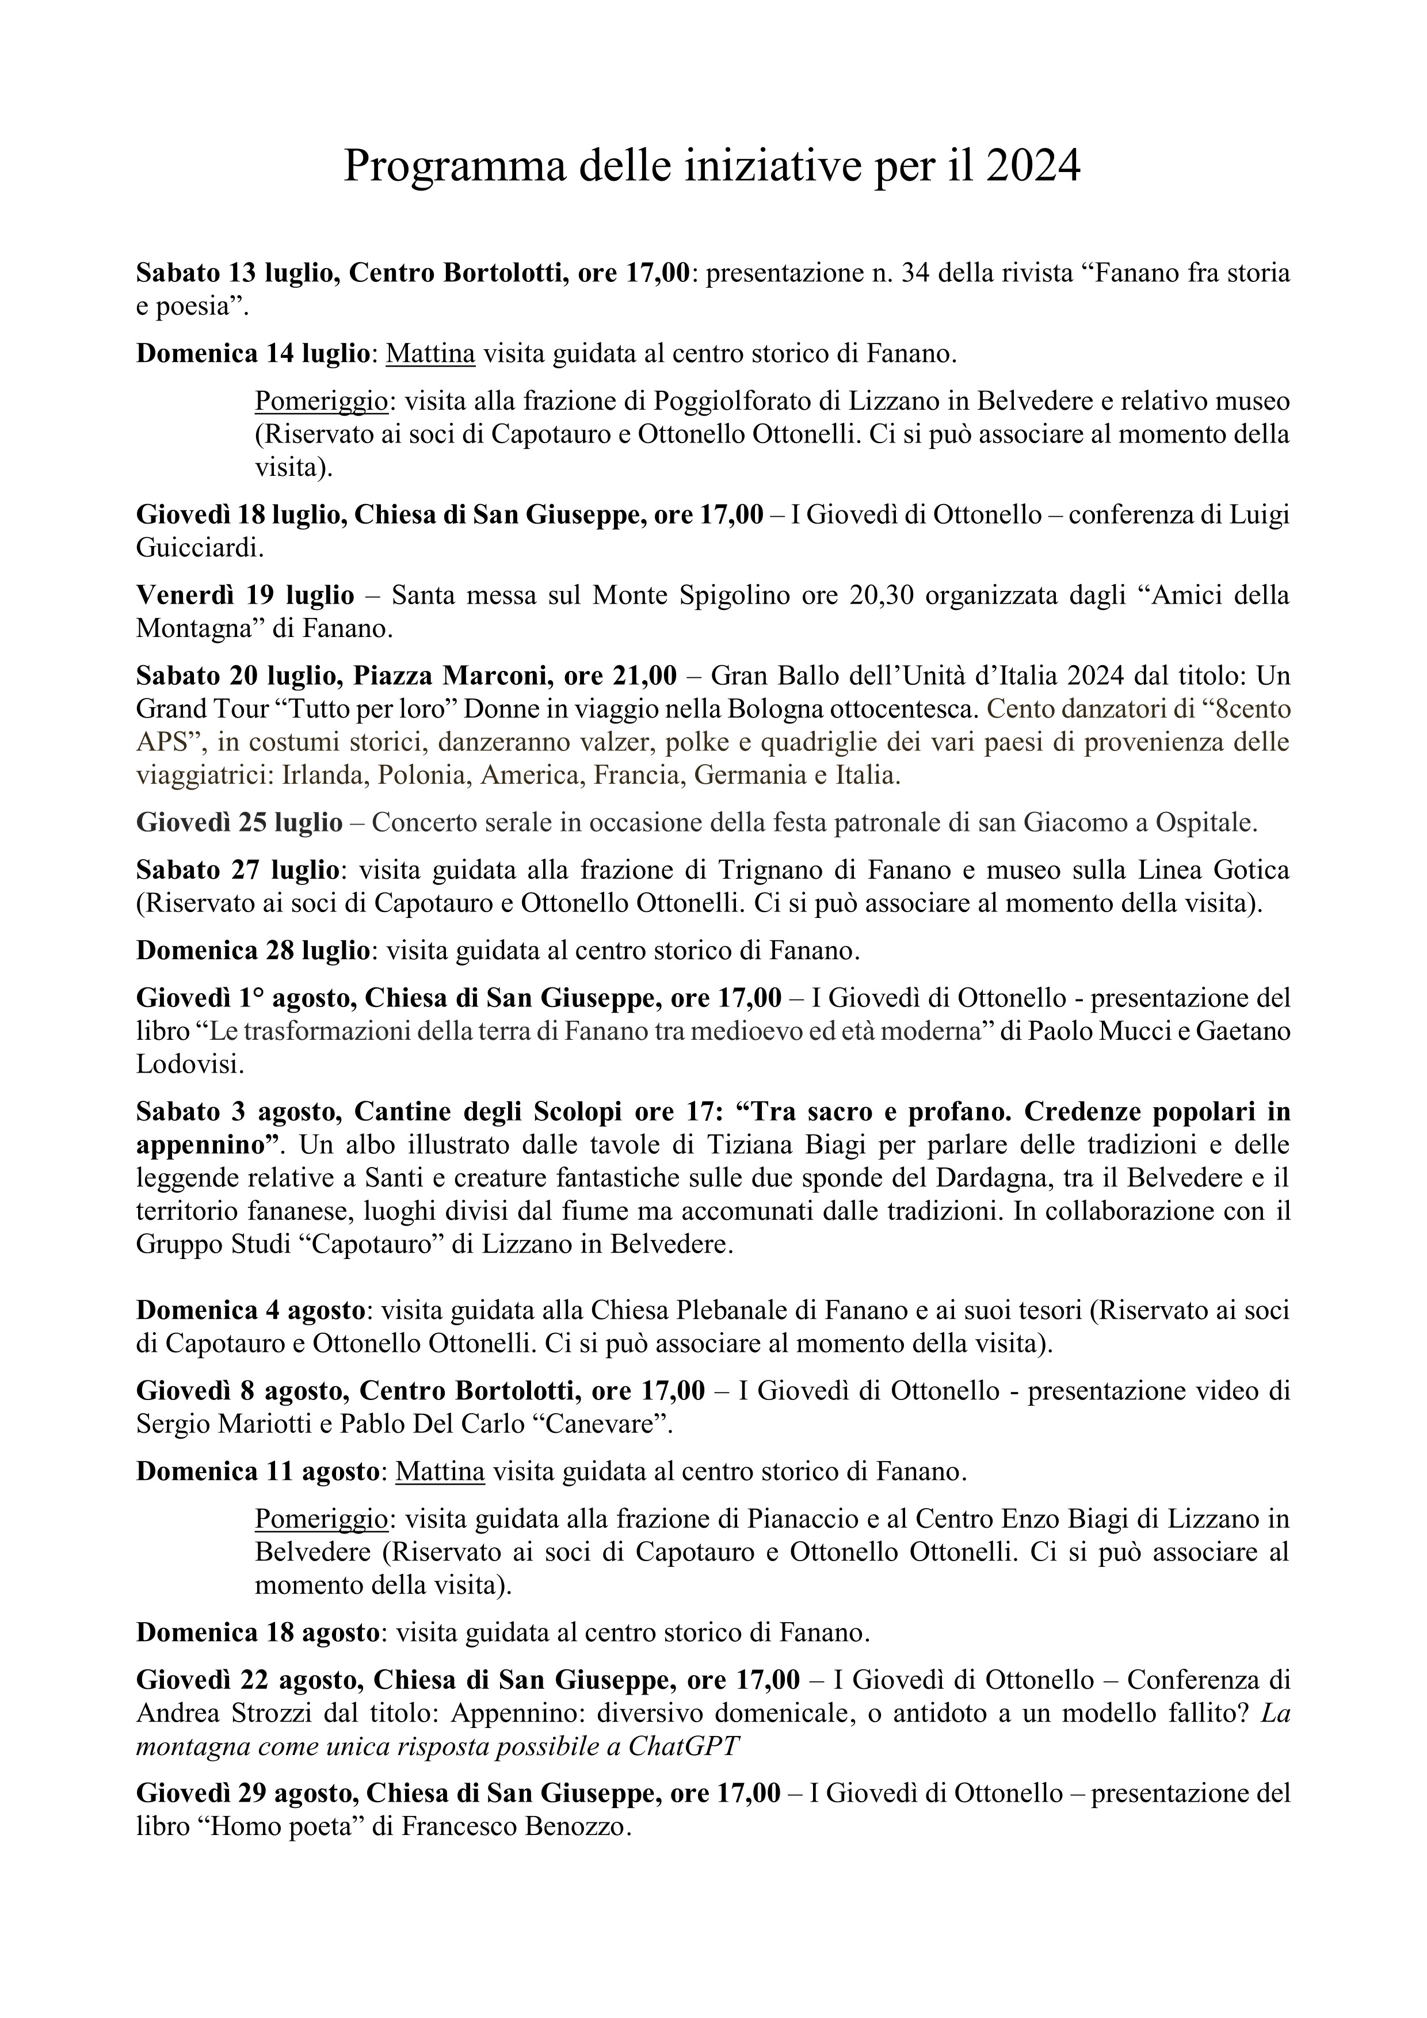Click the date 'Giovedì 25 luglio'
pos(239,823)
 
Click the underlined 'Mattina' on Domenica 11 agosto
pos(440,1471)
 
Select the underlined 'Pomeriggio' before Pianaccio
pos(322,1519)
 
